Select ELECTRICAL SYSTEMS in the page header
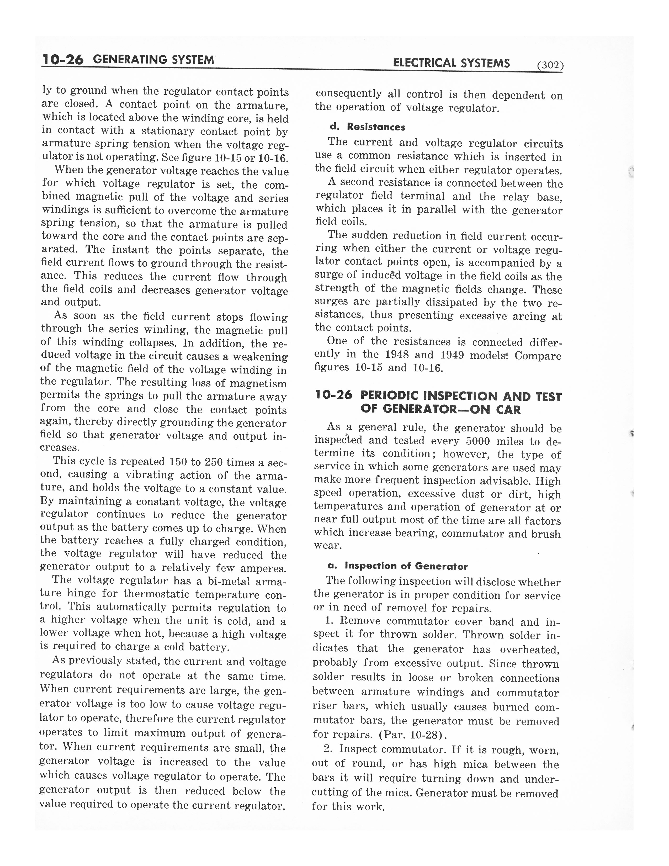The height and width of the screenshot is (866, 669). click(451, 63)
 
